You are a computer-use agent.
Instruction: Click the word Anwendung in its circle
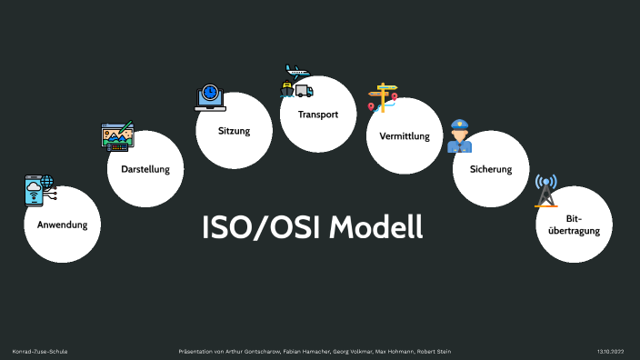click(62, 224)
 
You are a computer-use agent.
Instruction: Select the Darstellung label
click(145, 169)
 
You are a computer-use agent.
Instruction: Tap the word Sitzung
click(234, 131)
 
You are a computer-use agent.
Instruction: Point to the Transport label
click(317, 115)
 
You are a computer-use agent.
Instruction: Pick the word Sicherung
click(491, 169)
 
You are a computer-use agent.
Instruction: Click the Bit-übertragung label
click(574, 225)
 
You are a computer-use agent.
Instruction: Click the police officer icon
click(460, 135)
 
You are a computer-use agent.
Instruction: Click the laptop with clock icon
click(210, 96)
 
